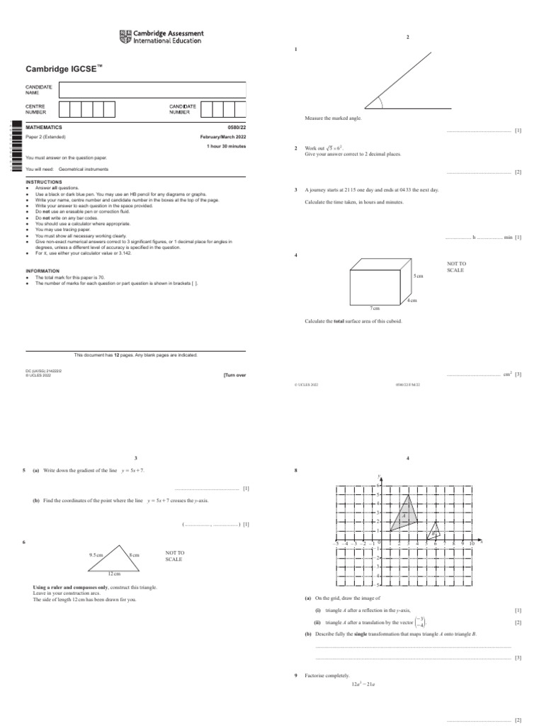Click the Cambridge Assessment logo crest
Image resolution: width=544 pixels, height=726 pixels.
tap(125, 37)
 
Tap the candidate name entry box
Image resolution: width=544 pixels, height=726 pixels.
tap(152, 90)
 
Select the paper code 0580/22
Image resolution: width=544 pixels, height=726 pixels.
tap(234, 127)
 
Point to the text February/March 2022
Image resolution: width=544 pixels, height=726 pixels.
tap(223, 136)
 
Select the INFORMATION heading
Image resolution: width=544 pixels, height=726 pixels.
tap(42, 270)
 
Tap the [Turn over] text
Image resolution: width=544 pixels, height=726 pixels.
tap(234, 375)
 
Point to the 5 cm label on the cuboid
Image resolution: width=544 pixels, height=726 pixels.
tap(418, 275)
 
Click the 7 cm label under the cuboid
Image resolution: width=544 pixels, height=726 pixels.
tap(375, 308)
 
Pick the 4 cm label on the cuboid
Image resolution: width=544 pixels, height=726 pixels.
tap(412, 301)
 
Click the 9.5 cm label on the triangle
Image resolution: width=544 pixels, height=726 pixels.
tap(96, 555)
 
